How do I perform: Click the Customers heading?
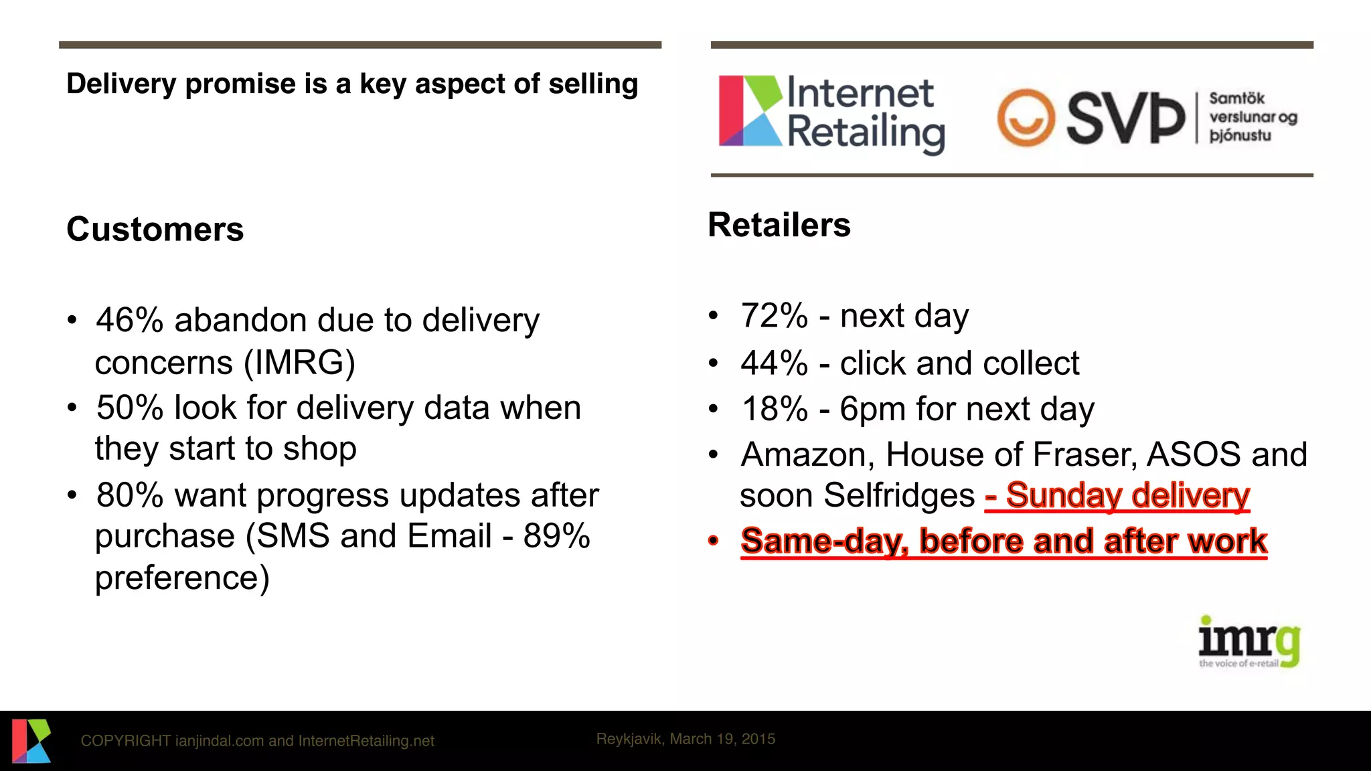coord(155,230)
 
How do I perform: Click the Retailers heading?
coord(779,225)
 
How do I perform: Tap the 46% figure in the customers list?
coord(130,320)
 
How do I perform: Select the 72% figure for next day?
coord(775,315)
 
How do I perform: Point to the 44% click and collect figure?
coord(775,363)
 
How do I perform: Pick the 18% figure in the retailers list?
coord(775,409)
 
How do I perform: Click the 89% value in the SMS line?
coord(556,536)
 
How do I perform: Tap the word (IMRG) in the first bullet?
coord(299,363)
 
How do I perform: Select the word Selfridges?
coord(899,496)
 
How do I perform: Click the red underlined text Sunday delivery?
coord(1127,496)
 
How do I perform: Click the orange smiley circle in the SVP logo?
coord(1026,118)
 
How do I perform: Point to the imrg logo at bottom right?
coord(1248,642)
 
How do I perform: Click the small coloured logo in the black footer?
coord(31,740)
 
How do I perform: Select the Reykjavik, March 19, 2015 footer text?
coord(685,739)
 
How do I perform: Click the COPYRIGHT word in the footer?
coord(126,741)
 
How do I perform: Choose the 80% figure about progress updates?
coord(130,495)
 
